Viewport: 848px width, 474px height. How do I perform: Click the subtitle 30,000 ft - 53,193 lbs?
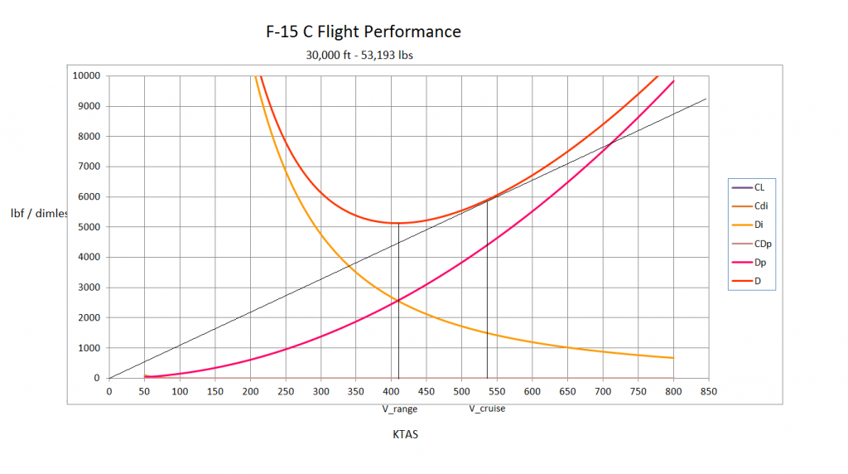(359, 56)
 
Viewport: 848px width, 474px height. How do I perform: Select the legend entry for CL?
(759, 187)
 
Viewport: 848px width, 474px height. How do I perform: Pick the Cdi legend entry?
(760, 206)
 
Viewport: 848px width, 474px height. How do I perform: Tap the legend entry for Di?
(759, 225)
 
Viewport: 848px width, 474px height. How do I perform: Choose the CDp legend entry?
(761, 244)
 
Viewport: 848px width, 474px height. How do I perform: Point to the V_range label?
(399, 409)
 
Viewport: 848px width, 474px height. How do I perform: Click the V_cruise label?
(487, 409)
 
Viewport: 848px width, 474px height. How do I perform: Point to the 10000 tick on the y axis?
(86, 75)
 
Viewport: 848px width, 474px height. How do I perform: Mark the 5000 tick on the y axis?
(89, 227)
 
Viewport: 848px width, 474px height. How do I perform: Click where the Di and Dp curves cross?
(398, 301)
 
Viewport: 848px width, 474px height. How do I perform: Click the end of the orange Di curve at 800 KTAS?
(674, 358)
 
